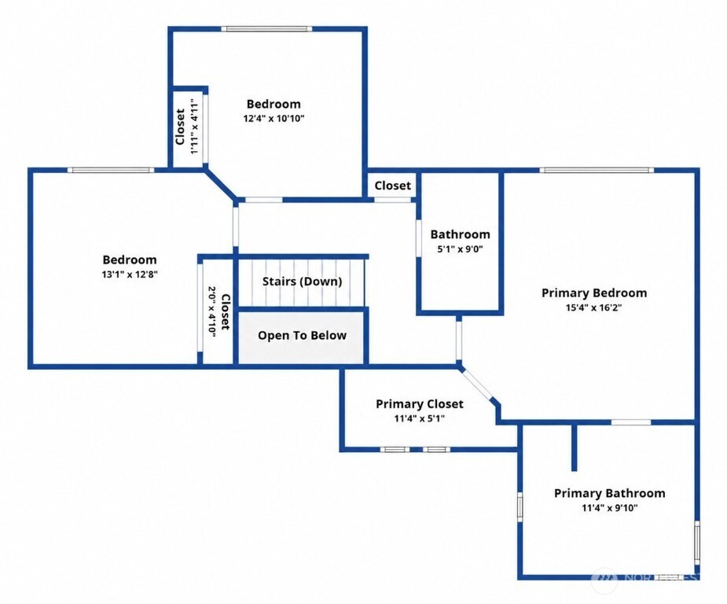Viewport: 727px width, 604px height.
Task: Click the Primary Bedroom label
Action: click(x=594, y=293)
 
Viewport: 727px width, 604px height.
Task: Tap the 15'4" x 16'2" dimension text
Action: click(x=593, y=308)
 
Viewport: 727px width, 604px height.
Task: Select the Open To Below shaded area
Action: click(x=301, y=337)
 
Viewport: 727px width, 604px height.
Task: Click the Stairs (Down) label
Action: click(x=303, y=282)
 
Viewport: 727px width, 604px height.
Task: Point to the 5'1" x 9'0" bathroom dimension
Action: click(x=460, y=249)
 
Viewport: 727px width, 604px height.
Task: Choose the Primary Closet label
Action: click(x=420, y=404)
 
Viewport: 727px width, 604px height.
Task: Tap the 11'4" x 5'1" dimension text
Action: click(x=420, y=419)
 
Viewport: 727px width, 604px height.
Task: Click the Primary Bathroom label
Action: click(x=610, y=493)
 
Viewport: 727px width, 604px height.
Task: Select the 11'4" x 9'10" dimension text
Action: click(x=610, y=508)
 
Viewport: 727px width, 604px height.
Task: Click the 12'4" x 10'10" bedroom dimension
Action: click(x=274, y=118)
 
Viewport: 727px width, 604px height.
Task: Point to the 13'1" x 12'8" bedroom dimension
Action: click(x=130, y=274)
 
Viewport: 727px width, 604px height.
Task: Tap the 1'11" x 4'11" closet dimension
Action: click(x=195, y=126)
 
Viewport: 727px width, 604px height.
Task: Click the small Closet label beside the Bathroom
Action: click(x=393, y=186)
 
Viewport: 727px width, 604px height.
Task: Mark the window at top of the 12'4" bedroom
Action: click(x=266, y=29)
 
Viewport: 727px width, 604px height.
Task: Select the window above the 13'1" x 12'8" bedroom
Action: click(x=111, y=170)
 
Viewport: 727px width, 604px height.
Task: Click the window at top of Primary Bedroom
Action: click(x=597, y=170)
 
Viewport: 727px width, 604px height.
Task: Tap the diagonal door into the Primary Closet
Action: click(x=477, y=384)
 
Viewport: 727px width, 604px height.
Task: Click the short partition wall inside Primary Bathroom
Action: click(x=574, y=447)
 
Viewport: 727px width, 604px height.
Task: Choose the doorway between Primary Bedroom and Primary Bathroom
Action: click(x=630, y=422)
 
